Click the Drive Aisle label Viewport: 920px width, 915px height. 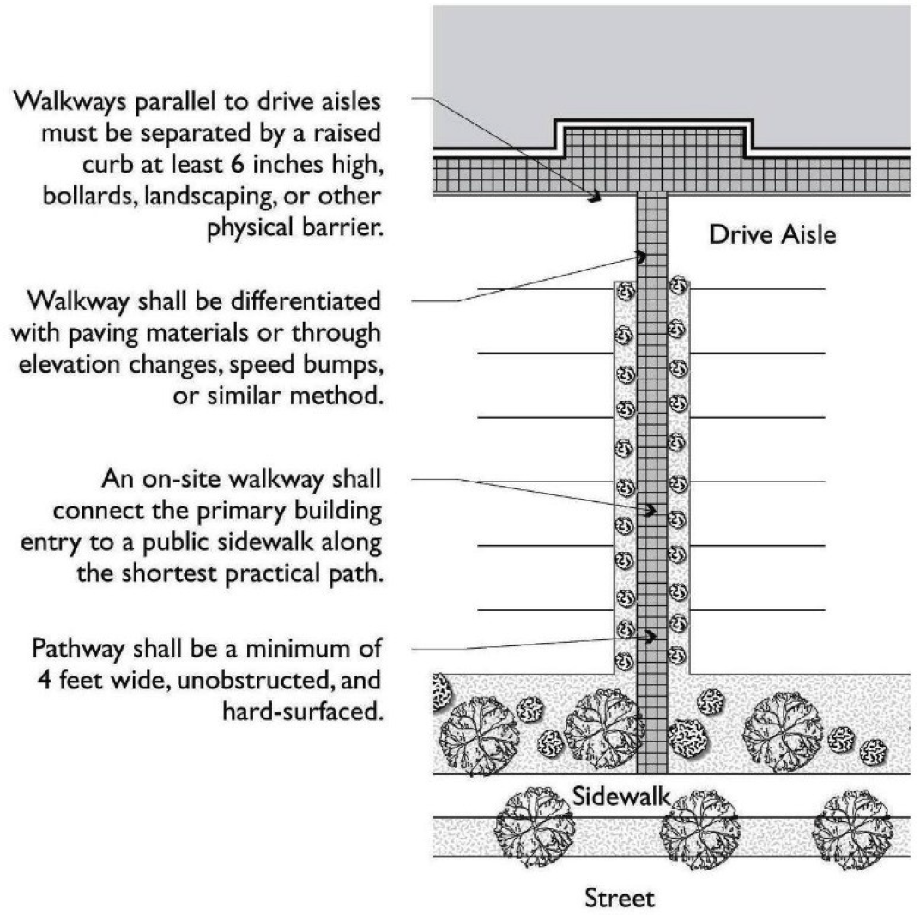(x=772, y=234)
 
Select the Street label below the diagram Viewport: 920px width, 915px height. (x=619, y=898)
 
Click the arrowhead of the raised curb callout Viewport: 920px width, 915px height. (x=594, y=197)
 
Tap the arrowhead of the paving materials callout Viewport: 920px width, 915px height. (x=640, y=256)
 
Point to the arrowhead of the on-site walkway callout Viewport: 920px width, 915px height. (x=651, y=510)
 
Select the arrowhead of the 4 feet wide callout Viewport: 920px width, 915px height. (x=651, y=637)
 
